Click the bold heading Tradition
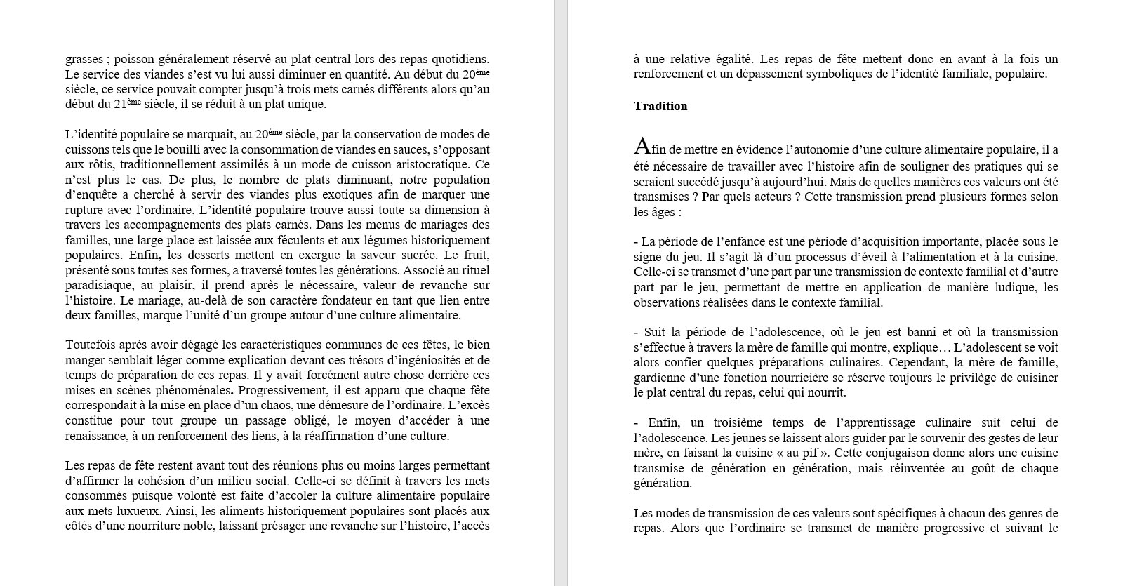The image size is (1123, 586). point(660,106)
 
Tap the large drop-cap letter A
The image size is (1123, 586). point(642,146)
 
